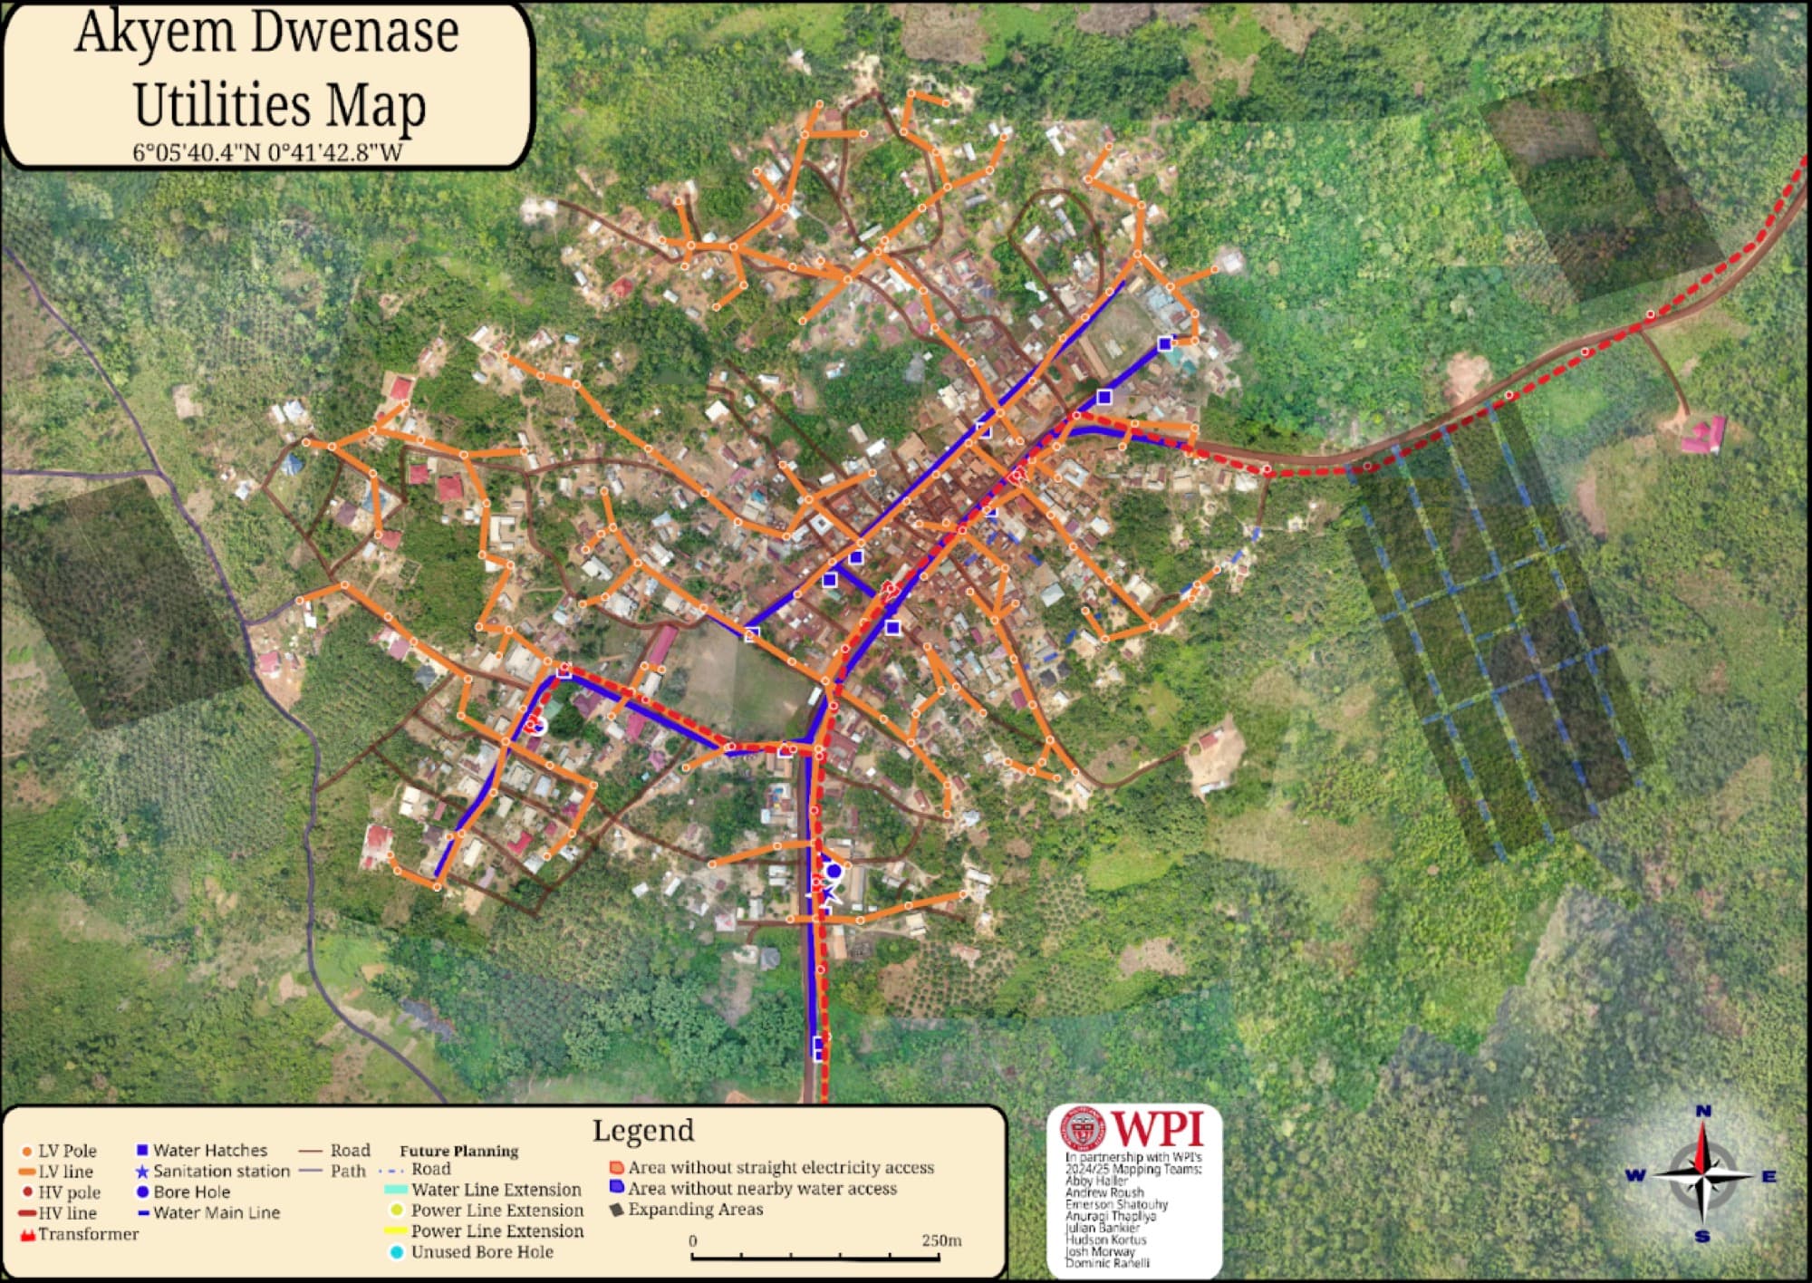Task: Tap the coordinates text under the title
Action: coord(267,151)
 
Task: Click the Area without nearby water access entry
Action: coord(762,1189)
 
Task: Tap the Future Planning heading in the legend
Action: coord(458,1152)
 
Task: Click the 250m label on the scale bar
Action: coord(941,1240)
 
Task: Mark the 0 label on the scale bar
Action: coord(693,1240)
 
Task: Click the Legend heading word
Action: coord(643,1131)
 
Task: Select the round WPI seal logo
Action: coord(1083,1129)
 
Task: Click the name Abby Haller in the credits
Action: coord(1096,1181)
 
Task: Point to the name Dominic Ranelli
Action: coord(1107,1263)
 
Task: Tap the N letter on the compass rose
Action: coord(1703,1112)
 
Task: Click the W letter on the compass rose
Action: coord(1635,1176)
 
